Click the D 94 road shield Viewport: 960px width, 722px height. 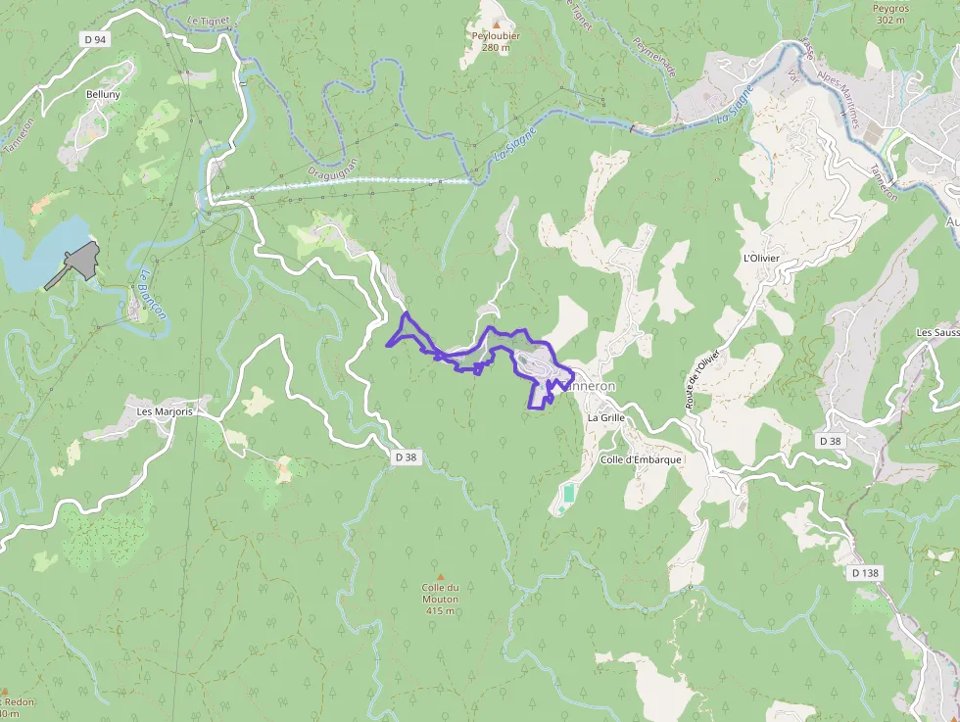pos(94,39)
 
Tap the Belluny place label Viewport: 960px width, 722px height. pos(103,94)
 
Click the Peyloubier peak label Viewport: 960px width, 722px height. pos(496,36)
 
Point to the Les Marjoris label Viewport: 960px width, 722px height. pos(166,411)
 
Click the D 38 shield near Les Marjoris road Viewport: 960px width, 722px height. pos(407,457)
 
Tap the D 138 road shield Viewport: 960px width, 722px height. pos(867,572)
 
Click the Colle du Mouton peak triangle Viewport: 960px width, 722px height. pos(441,576)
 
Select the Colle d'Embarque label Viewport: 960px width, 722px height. pos(641,459)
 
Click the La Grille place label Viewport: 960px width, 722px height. pos(605,417)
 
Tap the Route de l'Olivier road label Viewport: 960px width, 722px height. pos(702,379)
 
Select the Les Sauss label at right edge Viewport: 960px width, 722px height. pos(936,333)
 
